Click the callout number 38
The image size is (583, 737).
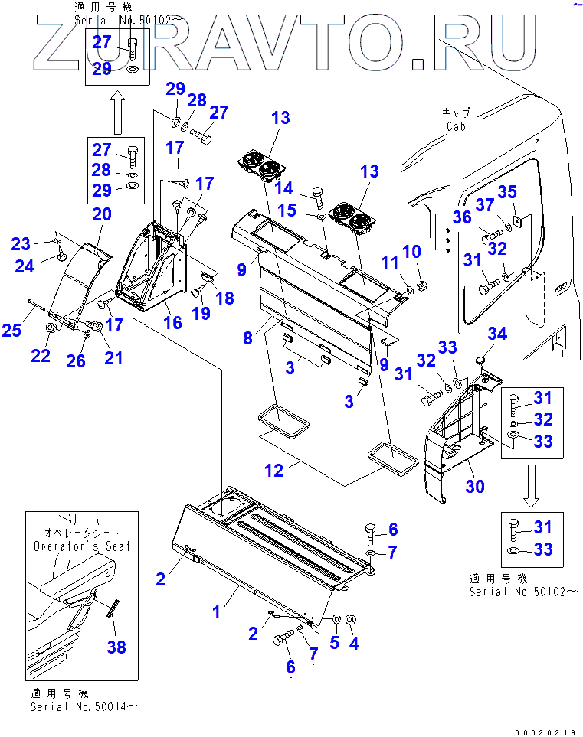click(x=116, y=647)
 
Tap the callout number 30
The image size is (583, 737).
click(x=475, y=486)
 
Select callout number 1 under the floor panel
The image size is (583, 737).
click(x=217, y=612)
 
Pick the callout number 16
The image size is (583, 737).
click(x=173, y=322)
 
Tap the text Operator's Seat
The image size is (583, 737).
click(x=82, y=546)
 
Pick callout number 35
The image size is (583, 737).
click(x=529, y=191)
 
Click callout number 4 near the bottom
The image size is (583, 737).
click(x=354, y=644)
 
